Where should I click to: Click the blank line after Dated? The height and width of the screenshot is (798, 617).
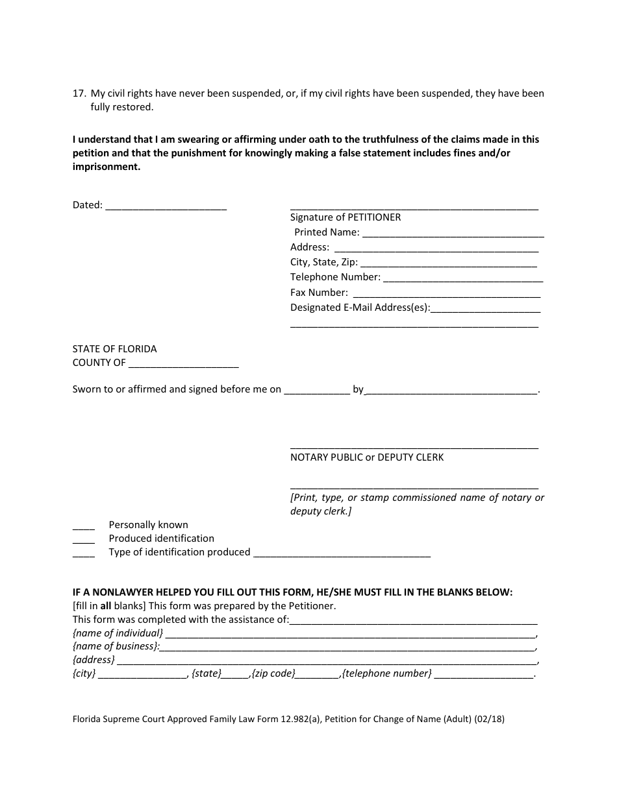coord(166,206)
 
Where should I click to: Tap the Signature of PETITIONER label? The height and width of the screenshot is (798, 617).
coord(346,217)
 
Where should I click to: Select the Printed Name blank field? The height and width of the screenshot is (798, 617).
coord(453,233)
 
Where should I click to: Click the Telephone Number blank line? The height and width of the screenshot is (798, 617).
coord(463,278)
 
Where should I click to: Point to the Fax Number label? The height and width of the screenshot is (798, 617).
coord(319,293)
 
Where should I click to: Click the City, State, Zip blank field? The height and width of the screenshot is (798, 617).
coord(448,263)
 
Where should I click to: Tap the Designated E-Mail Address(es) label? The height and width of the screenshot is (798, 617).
coord(360,308)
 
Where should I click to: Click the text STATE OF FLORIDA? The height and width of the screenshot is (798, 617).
coord(114,349)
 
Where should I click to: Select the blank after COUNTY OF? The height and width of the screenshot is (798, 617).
coord(184,363)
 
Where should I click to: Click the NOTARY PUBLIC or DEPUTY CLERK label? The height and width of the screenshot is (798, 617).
coord(367,457)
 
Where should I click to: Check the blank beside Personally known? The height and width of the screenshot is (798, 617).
coord(84,526)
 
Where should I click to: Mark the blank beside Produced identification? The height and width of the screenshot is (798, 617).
coord(84,539)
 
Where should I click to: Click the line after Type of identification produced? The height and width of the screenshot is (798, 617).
coord(342,553)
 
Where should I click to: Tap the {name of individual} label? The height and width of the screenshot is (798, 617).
coord(118,633)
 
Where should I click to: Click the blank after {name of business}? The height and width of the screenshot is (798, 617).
coord(347,647)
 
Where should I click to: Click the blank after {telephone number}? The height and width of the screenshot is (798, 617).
coord(483,674)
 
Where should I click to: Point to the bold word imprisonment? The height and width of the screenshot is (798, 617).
coord(106,167)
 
